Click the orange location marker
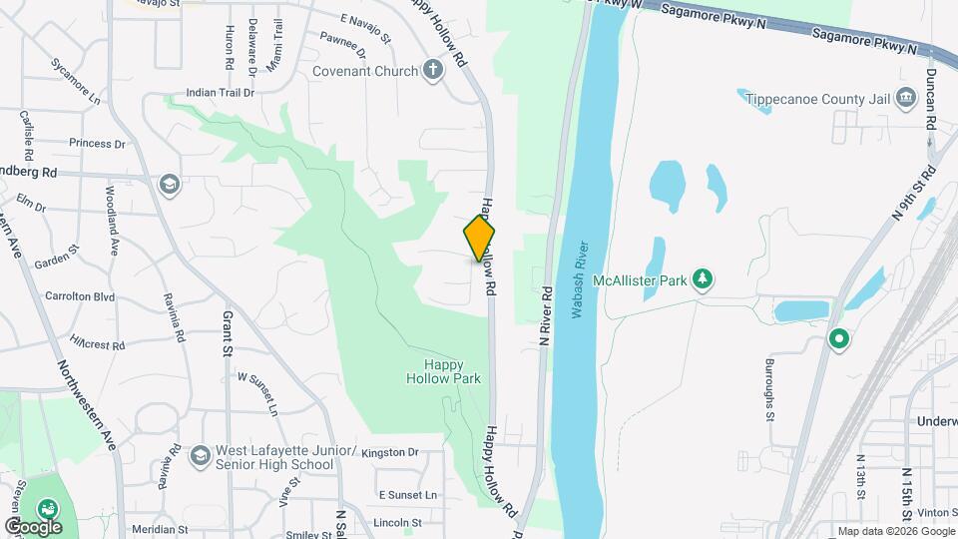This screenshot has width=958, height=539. (x=480, y=238)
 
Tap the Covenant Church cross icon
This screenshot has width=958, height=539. (x=432, y=71)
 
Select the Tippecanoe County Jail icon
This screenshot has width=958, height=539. (x=906, y=97)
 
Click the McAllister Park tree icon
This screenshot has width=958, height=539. (x=703, y=278)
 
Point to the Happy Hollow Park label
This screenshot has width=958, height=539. (x=443, y=372)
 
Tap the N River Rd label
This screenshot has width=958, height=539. (x=547, y=315)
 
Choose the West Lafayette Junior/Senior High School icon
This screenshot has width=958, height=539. (x=200, y=455)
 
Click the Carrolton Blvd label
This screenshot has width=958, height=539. (x=81, y=296)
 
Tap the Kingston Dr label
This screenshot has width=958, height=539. (x=390, y=452)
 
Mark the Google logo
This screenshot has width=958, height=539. (x=32, y=526)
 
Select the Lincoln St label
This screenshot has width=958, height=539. (x=399, y=522)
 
